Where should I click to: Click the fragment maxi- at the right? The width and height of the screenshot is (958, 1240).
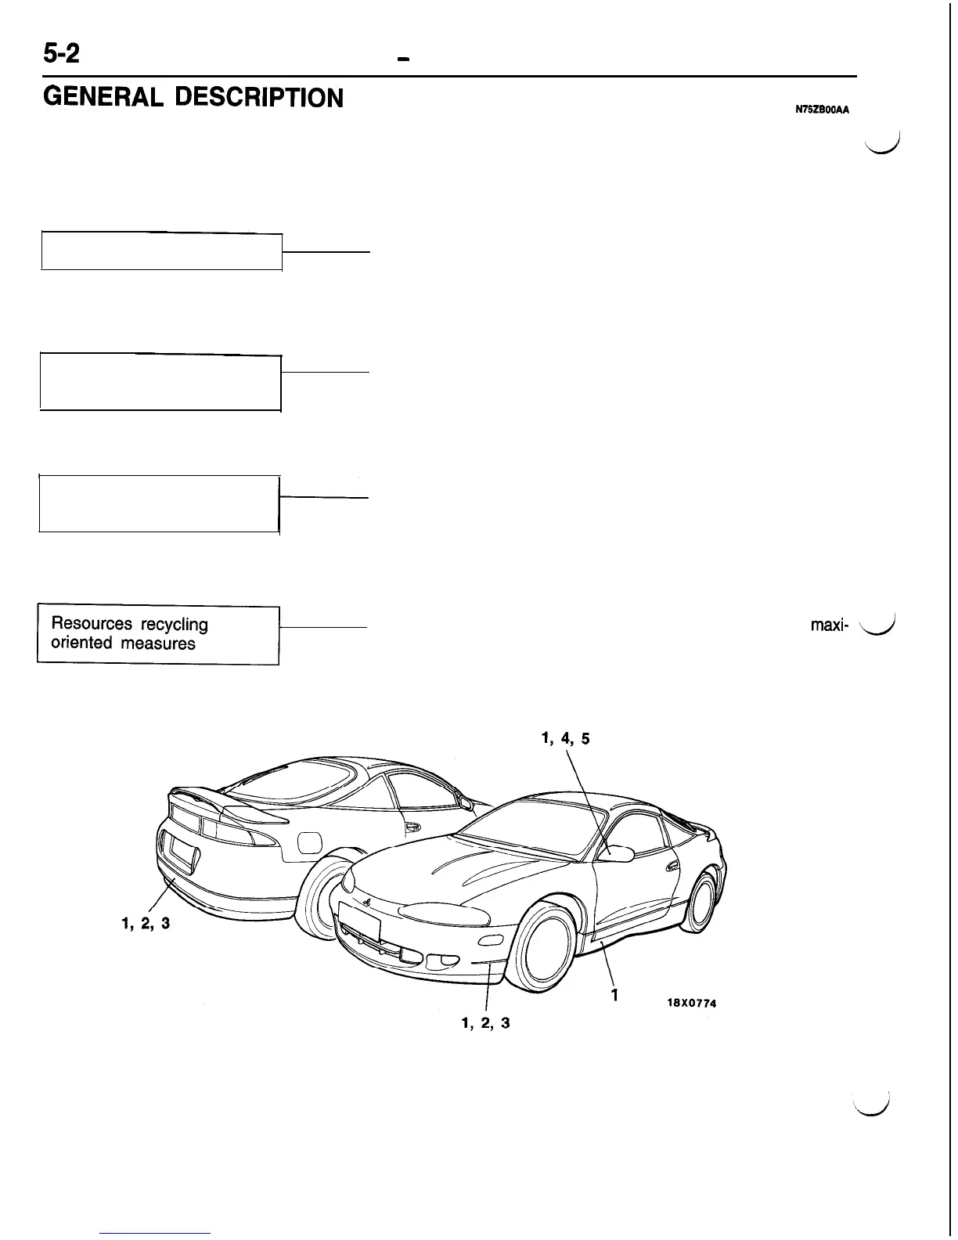click(828, 626)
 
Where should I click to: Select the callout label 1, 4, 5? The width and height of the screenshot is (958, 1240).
click(566, 738)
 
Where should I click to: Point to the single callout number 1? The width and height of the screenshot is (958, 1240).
click(616, 996)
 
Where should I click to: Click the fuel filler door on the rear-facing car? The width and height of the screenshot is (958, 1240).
click(309, 842)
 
